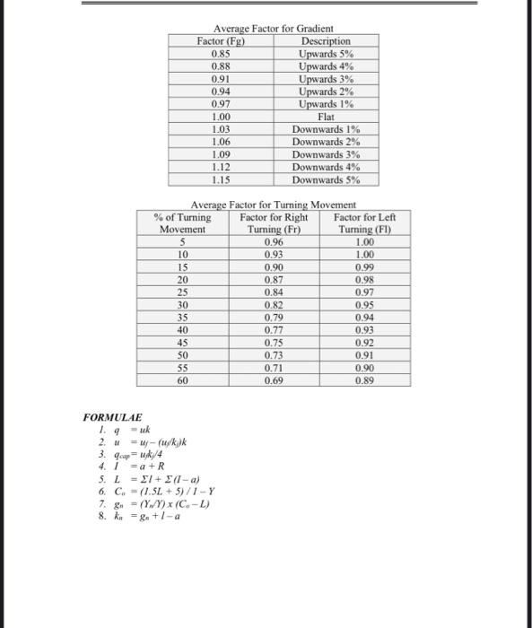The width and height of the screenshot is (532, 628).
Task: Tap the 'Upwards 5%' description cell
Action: (x=326, y=54)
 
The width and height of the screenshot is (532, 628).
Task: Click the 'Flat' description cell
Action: (x=326, y=117)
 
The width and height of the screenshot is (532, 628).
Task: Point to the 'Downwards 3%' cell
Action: (x=326, y=154)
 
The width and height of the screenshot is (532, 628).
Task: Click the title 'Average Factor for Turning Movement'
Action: (x=274, y=205)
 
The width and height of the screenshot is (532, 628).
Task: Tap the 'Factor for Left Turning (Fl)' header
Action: (x=364, y=223)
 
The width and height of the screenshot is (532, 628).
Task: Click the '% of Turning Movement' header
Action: (x=183, y=223)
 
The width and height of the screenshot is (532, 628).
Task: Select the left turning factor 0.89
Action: (x=364, y=381)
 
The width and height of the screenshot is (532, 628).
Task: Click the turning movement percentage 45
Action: (x=183, y=343)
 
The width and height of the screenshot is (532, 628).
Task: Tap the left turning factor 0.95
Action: (x=364, y=305)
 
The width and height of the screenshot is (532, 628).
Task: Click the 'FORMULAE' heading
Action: (x=112, y=418)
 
